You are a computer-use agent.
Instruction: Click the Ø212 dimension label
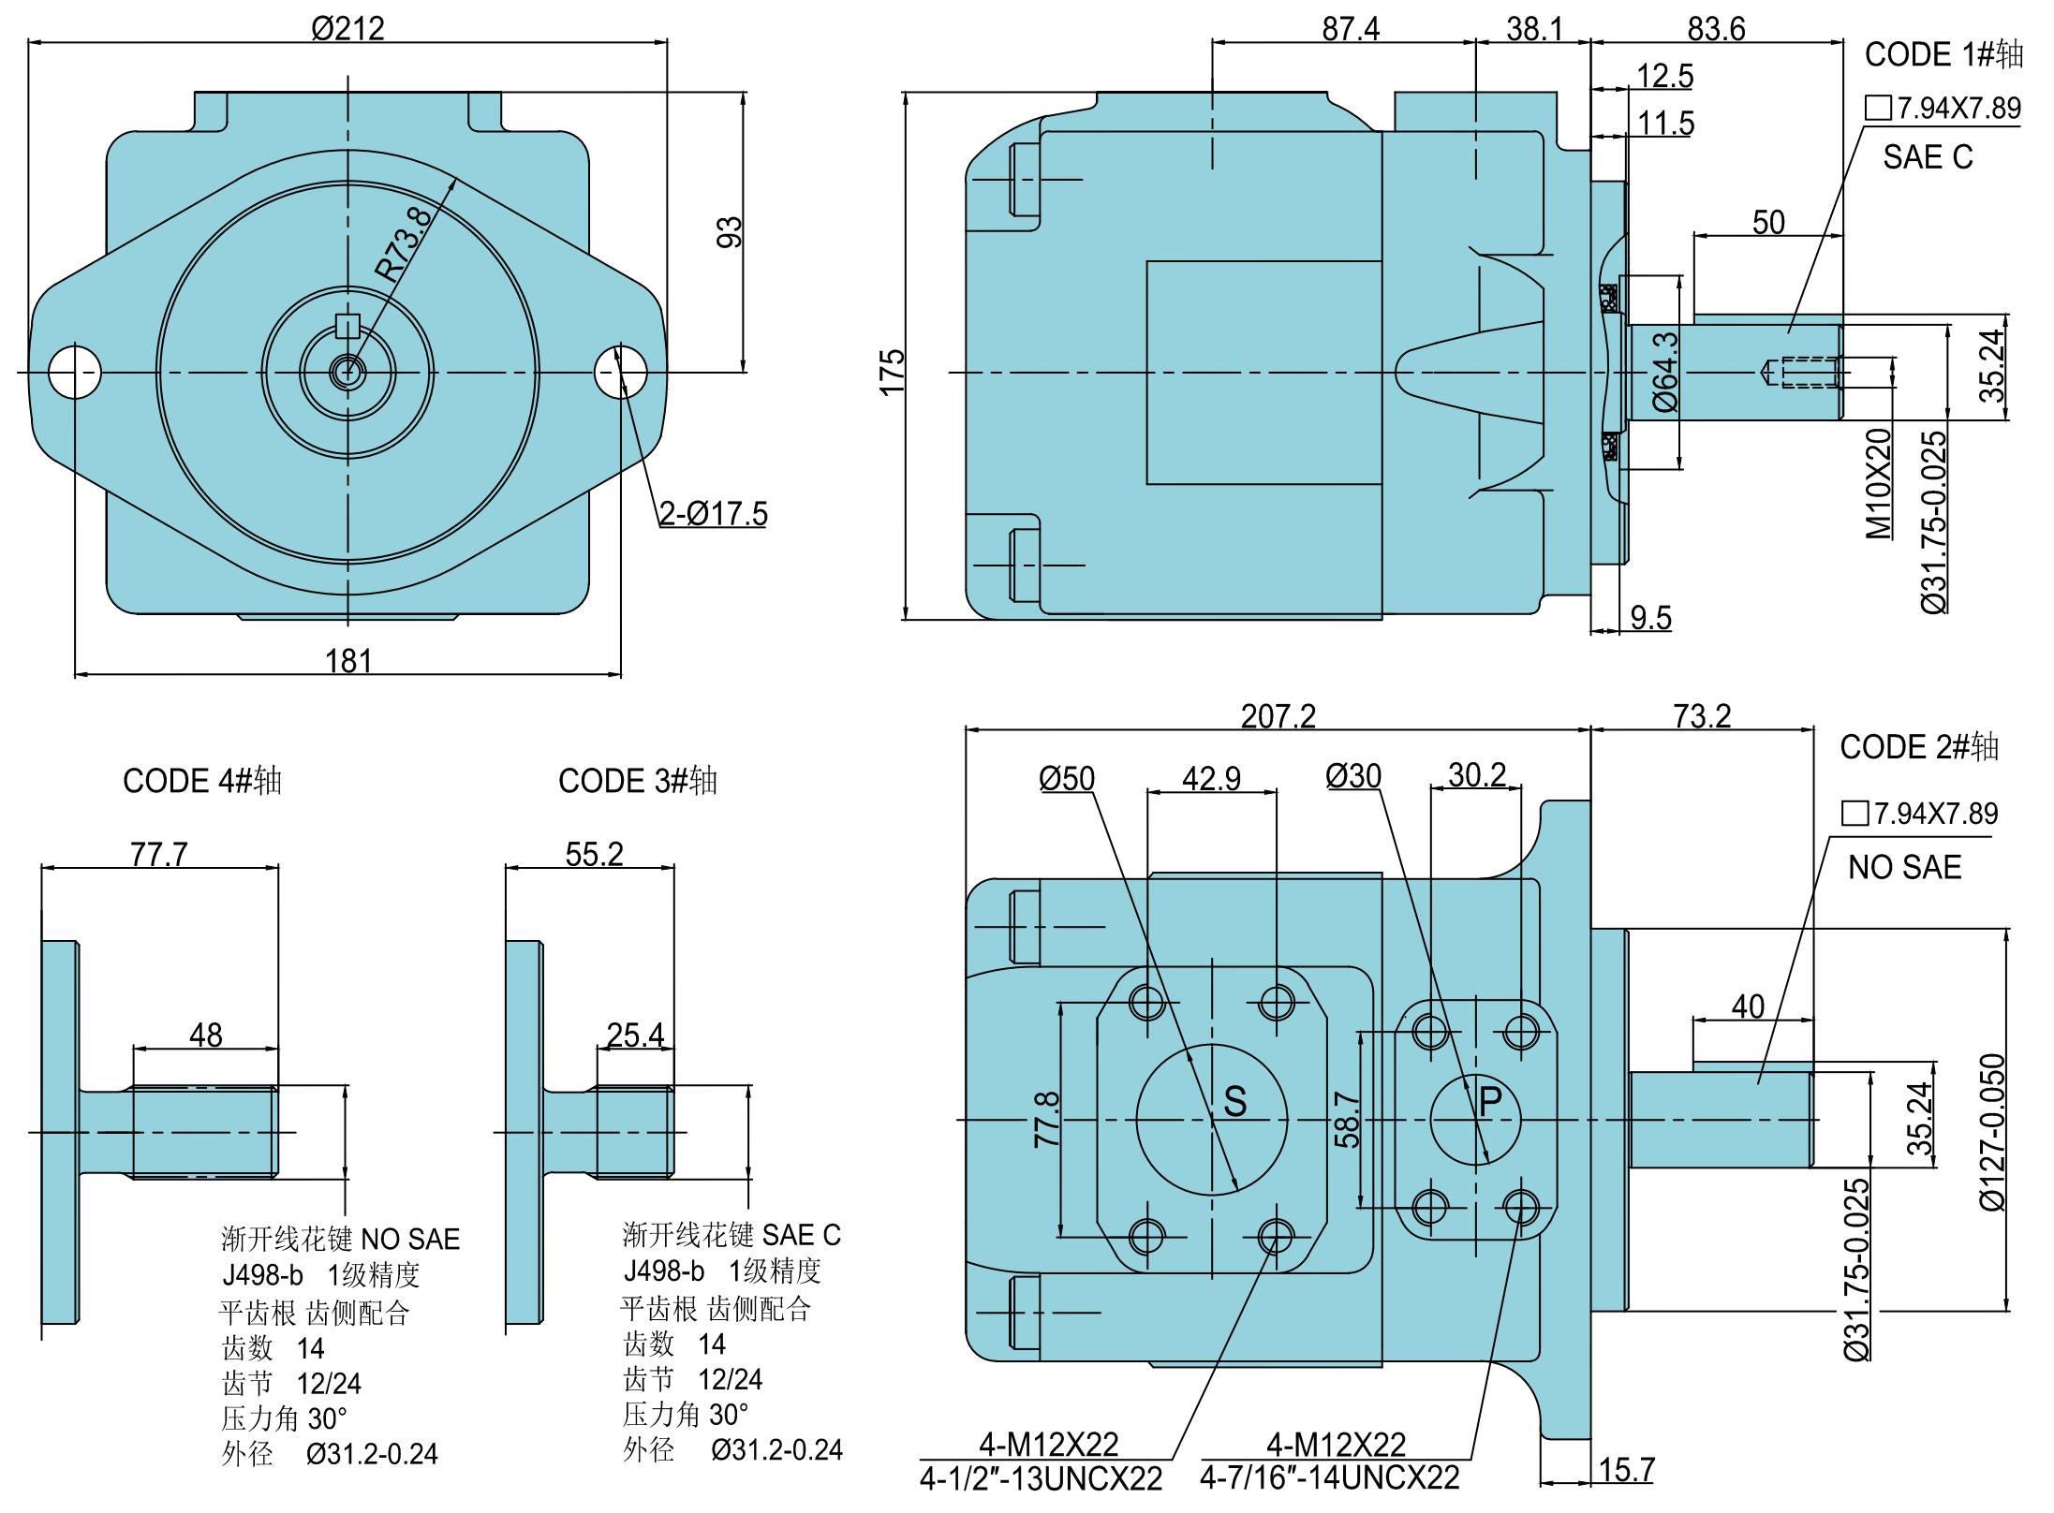click(347, 28)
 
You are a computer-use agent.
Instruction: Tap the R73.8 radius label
click(405, 244)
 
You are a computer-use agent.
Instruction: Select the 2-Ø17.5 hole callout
click(714, 514)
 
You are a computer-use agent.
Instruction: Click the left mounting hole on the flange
click(75, 372)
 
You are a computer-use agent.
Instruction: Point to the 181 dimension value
click(348, 661)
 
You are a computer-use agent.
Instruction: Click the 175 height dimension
click(893, 372)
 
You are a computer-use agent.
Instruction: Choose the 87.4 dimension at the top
click(1351, 29)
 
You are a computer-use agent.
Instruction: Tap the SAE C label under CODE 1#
click(1928, 156)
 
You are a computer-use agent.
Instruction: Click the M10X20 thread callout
click(1878, 484)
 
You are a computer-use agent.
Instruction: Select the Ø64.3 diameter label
click(1665, 372)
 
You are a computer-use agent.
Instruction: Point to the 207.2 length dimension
click(1278, 716)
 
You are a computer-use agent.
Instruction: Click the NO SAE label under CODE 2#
click(1904, 867)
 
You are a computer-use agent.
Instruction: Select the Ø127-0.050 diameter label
click(1992, 1132)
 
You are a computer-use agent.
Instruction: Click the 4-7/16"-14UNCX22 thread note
click(1330, 1478)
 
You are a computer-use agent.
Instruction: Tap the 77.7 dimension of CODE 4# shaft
click(159, 855)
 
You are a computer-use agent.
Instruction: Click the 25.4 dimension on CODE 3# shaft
click(636, 1035)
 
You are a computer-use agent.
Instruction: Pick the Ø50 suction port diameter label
click(1067, 778)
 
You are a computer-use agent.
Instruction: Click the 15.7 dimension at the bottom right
click(1627, 1470)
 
